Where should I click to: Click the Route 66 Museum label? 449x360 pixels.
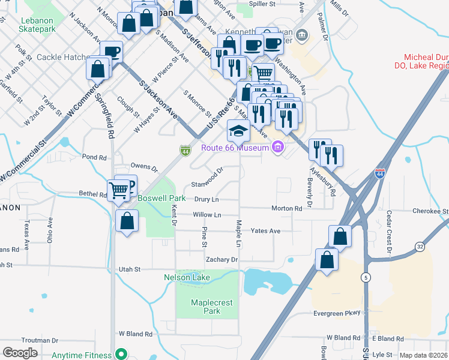[x=237, y=148]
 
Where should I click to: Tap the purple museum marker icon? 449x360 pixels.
[x=277, y=146]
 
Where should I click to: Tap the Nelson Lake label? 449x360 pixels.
[x=187, y=277]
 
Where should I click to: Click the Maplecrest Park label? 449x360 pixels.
[x=211, y=307]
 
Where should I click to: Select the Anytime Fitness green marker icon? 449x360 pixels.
[x=121, y=354]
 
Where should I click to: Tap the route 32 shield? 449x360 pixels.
[x=420, y=247]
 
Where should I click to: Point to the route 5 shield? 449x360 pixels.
[x=365, y=277]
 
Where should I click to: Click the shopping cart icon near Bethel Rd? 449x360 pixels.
[x=119, y=191]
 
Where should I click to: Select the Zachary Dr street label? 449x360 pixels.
[x=221, y=260]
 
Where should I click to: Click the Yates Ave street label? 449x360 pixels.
[x=265, y=231]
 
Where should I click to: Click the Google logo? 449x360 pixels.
[x=20, y=353]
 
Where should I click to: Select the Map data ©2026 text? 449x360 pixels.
[x=423, y=355]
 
